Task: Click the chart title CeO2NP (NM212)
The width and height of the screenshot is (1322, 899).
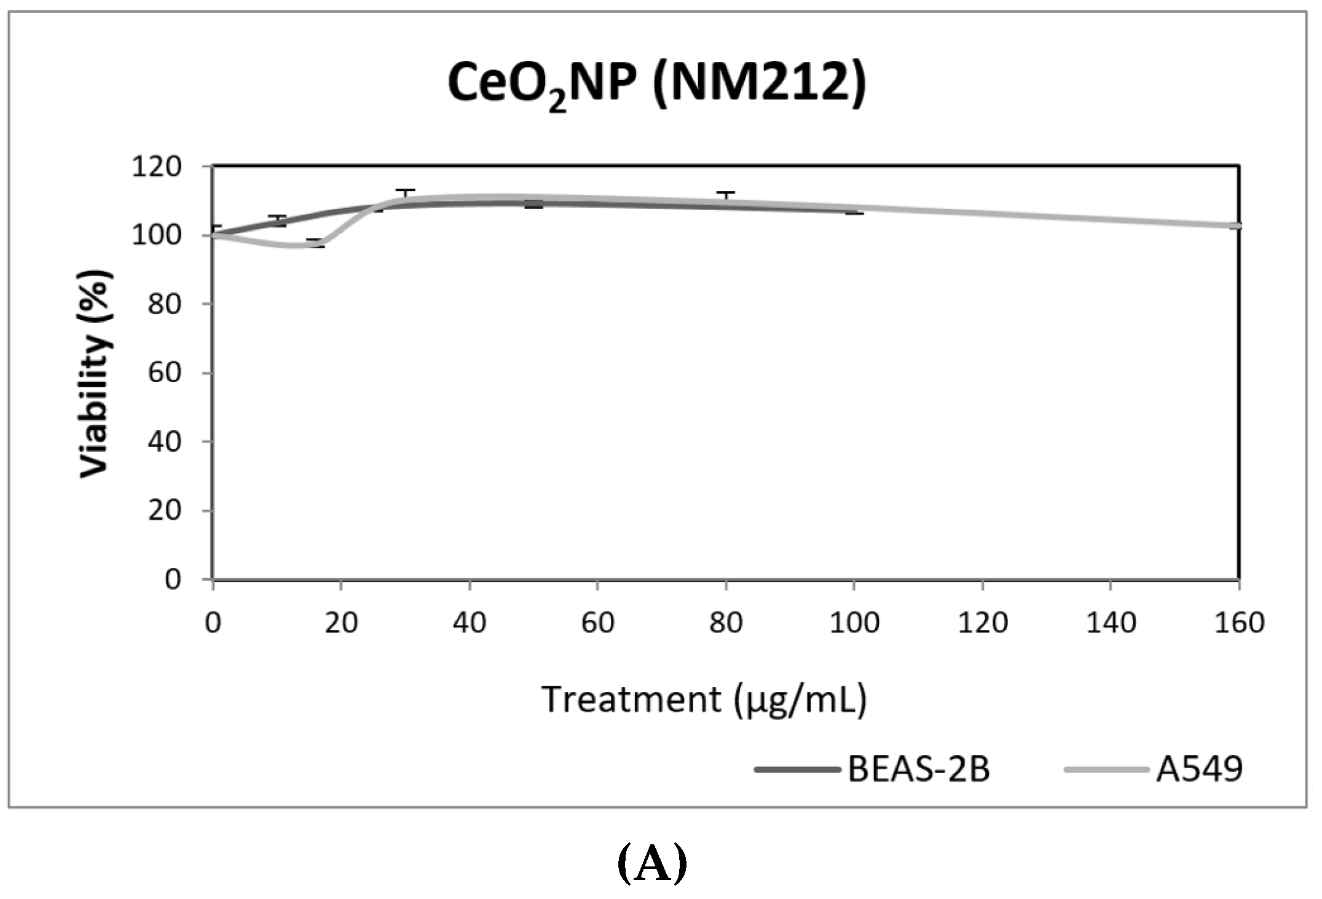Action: coord(656,84)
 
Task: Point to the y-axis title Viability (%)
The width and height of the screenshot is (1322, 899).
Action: coord(95,373)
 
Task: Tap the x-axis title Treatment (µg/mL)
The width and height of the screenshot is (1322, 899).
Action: coord(704,700)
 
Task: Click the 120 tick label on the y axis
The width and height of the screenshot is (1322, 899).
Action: coord(156,167)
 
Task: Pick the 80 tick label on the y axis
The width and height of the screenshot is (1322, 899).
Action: coord(164,304)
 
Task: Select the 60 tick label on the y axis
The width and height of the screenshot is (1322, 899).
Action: coord(164,373)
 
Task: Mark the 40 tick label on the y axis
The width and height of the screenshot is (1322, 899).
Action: coord(164,442)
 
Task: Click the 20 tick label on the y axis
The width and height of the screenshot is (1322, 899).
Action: coord(164,511)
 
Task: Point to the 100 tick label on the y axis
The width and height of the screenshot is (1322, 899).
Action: coord(156,235)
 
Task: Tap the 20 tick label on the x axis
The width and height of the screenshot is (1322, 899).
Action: coord(341,623)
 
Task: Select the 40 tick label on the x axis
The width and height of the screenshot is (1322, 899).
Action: coord(470,623)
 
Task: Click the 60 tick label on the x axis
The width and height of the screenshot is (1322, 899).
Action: coord(597,623)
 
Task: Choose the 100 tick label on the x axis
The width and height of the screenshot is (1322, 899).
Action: coord(854,623)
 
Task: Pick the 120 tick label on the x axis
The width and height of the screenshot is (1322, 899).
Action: coord(983,623)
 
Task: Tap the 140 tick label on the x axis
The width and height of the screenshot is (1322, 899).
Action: coord(1111,623)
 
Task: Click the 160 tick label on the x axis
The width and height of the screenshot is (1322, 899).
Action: coord(1239,623)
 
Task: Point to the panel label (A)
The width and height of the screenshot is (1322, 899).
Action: coord(652,864)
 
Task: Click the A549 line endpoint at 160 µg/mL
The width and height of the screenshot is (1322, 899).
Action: coord(1238,226)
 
